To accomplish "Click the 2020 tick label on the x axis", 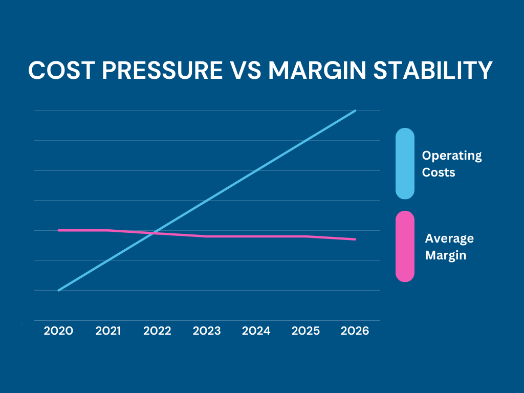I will (x=58, y=331).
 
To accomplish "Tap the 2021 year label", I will (x=108, y=331).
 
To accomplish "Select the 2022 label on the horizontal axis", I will (x=157, y=331).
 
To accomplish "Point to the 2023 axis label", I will (x=207, y=331).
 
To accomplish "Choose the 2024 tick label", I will (x=256, y=331).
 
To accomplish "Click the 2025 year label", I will (x=305, y=331).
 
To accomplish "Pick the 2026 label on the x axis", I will (x=355, y=331).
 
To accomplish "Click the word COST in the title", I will (x=61, y=70).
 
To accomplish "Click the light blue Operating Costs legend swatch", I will (x=405, y=163).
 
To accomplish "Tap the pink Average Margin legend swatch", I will (x=405, y=246).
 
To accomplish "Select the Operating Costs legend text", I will (x=451, y=164).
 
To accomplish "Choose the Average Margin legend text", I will (x=449, y=247).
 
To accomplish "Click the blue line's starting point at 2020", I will (x=59, y=290).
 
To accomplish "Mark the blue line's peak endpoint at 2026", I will (x=355, y=111).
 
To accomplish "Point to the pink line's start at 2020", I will (x=59, y=230).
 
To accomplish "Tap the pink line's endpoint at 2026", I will (x=355, y=239).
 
